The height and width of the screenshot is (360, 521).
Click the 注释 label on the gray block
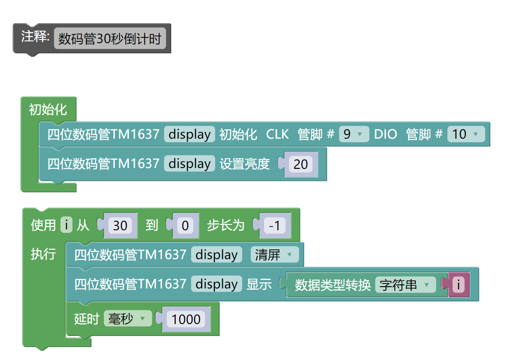[x=35, y=37]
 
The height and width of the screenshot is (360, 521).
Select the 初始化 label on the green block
[x=48, y=109]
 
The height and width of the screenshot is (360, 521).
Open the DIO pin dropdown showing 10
[x=465, y=134]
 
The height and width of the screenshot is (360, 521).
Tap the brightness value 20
[x=301, y=164]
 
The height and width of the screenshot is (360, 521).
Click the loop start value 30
[x=120, y=226]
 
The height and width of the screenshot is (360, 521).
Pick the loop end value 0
[x=185, y=226]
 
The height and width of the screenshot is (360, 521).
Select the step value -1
[x=274, y=226]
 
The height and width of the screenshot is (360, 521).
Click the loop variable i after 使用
[x=66, y=225]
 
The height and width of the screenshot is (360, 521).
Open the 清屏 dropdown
[x=274, y=255]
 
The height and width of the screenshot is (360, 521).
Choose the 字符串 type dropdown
[x=405, y=285]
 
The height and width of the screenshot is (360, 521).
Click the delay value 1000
[x=186, y=320]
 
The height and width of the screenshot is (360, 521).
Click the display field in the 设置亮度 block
[x=189, y=164]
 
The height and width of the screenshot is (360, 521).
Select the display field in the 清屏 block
[x=216, y=255]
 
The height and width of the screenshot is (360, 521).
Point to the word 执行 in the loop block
[x=43, y=254]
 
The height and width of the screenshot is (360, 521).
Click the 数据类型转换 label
[x=333, y=285]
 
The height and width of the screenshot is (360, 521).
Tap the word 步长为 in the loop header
[x=226, y=225]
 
